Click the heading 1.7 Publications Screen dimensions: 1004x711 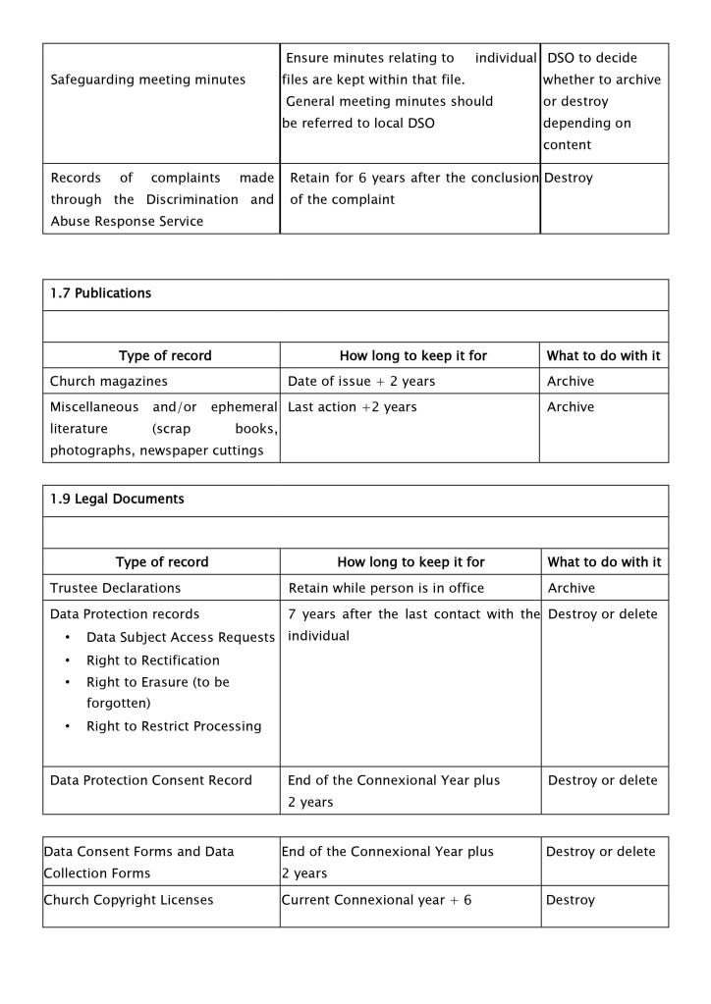pyautogui.click(x=101, y=293)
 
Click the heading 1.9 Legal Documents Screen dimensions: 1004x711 pyautogui.click(x=117, y=500)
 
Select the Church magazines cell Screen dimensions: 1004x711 pyautogui.click(x=109, y=381)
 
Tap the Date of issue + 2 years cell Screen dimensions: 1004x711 pyautogui.click(x=360, y=381)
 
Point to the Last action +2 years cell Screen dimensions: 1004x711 pyautogui.click(x=352, y=407)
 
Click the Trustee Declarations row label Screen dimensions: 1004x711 pyautogui.click(x=116, y=588)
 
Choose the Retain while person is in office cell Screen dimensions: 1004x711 pyautogui.click(x=386, y=588)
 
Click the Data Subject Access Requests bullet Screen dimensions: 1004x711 pyautogui.click(x=181, y=638)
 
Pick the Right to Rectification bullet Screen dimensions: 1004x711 pyautogui.click(x=153, y=661)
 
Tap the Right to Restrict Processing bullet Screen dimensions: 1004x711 pyautogui.click(x=174, y=726)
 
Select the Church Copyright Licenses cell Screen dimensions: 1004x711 pyautogui.click(x=129, y=900)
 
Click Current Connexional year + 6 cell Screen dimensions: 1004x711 pyautogui.click(x=376, y=900)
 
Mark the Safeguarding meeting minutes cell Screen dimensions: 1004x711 pyautogui.click(x=148, y=79)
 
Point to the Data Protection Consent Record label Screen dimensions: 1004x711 pyautogui.click(x=151, y=780)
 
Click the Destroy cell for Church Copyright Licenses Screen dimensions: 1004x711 pyautogui.click(x=571, y=900)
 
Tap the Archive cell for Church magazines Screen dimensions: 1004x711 pyautogui.click(x=571, y=381)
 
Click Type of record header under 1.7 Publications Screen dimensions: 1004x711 pyautogui.click(x=165, y=355)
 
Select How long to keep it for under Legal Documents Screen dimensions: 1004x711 pyautogui.click(x=410, y=562)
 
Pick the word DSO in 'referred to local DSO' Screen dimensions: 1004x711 pyautogui.click(x=420, y=123)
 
